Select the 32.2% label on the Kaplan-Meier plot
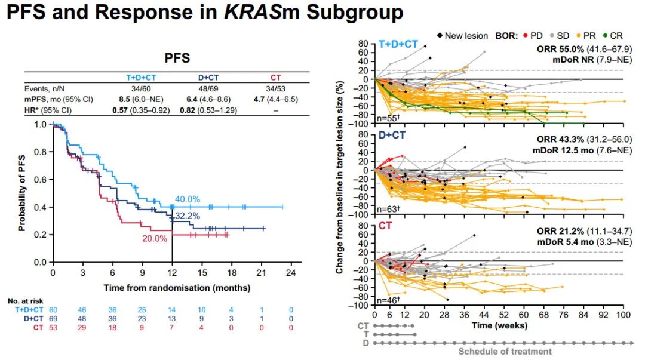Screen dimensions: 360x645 click(187, 216)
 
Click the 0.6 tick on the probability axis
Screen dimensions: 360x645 click(41, 179)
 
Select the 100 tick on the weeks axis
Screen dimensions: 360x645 click(623, 315)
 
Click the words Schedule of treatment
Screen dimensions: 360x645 click(505, 352)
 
